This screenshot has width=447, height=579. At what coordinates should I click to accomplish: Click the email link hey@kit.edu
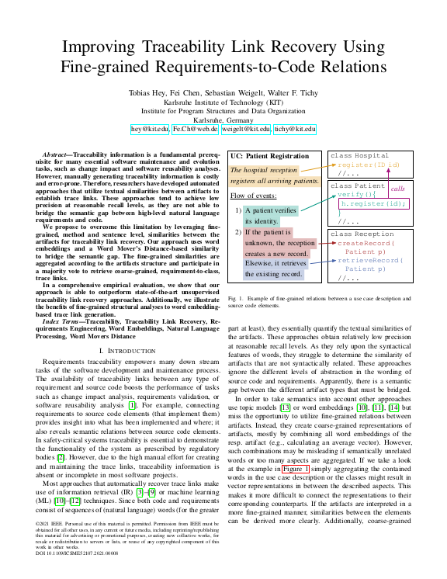coord(150,129)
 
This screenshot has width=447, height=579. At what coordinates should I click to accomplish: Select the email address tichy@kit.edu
coord(295,129)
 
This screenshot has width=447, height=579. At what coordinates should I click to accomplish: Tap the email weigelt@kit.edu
coord(248,129)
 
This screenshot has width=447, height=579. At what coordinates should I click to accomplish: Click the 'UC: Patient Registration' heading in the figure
coord(269,158)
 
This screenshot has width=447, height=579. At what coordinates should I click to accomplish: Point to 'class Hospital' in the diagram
coord(359,156)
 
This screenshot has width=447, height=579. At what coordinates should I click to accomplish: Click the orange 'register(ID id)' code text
coord(369,165)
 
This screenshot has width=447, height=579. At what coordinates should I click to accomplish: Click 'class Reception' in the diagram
coord(362,234)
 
